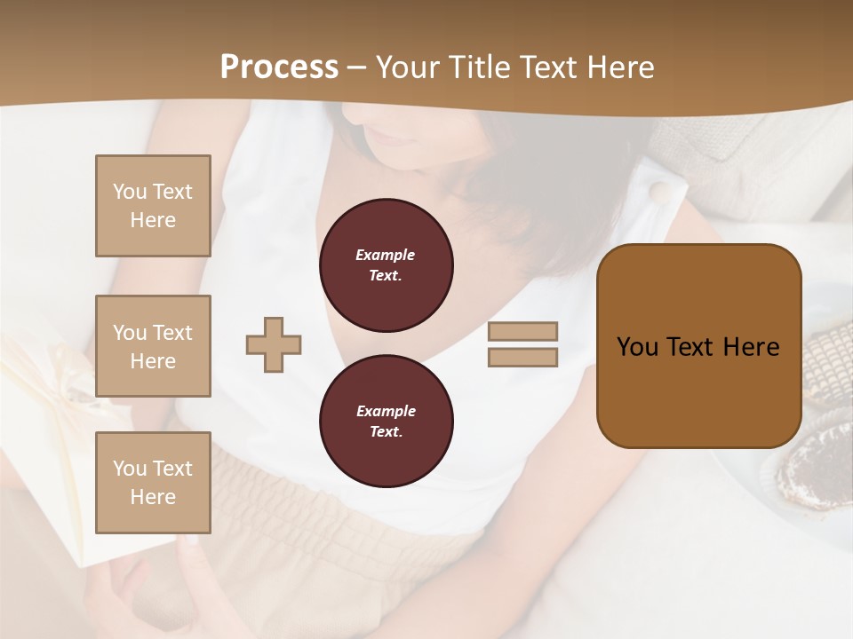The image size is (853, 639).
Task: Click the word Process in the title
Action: coord(279,67)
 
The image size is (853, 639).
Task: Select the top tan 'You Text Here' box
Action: coord(153,206)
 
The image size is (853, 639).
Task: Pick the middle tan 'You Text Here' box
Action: coord(153,346)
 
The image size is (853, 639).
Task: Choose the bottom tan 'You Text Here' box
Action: coord(153,482)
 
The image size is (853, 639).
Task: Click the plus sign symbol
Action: coord(274,344)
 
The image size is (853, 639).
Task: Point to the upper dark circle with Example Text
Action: coord(386,265)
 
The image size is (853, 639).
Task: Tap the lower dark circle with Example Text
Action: coord(386,422)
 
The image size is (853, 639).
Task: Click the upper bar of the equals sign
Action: coord(522,331)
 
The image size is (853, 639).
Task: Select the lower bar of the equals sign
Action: coord(522,358)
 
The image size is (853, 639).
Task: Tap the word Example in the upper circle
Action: coord(385,255)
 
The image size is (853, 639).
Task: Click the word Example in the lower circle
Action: coord(386,411)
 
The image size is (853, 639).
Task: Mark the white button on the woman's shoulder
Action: coord(659,192)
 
